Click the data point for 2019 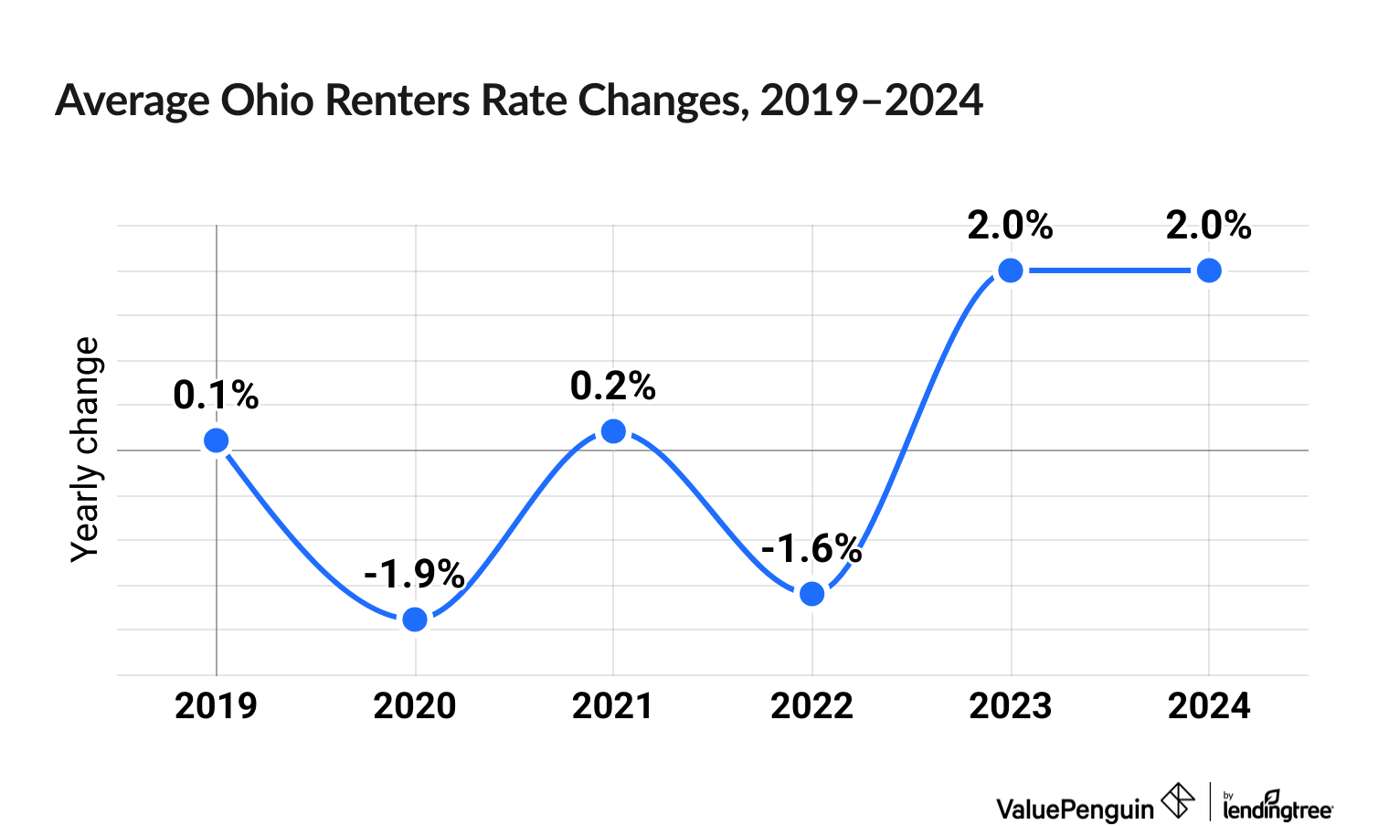tap(217, 440)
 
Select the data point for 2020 tap(415, 619)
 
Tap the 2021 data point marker tap(614, 431)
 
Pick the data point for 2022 tap(811, 594)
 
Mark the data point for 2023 tap(1010, 270)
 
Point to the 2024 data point tap(1209, 270)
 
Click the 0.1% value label tap(216, 396)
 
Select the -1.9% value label tap(414, 574)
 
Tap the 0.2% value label tap(613, 387)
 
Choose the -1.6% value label tap(811, 549)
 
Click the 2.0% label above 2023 tap(1010, 226)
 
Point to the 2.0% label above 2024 tap(1208, 226)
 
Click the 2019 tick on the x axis tap(216, 706)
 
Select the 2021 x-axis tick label tap(612, 706)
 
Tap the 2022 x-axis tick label tap(811, 706)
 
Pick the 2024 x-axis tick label tap(1209, 706)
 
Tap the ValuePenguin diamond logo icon tap(1178, 801)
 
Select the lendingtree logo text tap(1278, 808)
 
